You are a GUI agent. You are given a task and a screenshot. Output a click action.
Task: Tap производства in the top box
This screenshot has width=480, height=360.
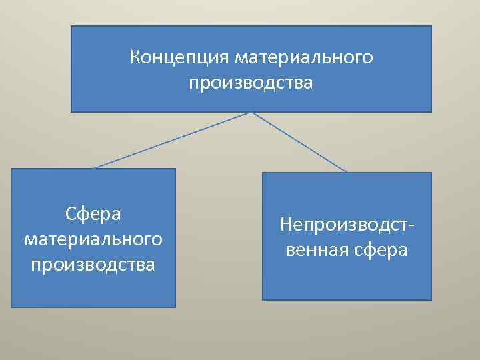[x=251, y=84]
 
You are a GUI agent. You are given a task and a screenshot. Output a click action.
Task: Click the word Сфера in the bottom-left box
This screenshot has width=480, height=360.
[x=93, y=214]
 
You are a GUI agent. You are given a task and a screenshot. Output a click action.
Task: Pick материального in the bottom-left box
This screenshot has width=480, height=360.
[x=93, y=239]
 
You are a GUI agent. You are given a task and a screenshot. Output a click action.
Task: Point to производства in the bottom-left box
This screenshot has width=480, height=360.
[x=93, y=264]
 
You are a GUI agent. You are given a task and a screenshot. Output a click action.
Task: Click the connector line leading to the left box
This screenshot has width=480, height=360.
[x=173, y=140]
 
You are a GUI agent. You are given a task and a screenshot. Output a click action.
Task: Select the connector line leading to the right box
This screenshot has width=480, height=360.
[x=300, y=142]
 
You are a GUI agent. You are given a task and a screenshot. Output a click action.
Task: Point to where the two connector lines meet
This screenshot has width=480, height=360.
[x=251, y=112]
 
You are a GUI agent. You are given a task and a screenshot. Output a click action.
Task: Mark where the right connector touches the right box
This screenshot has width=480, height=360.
[x=347, y=172]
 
